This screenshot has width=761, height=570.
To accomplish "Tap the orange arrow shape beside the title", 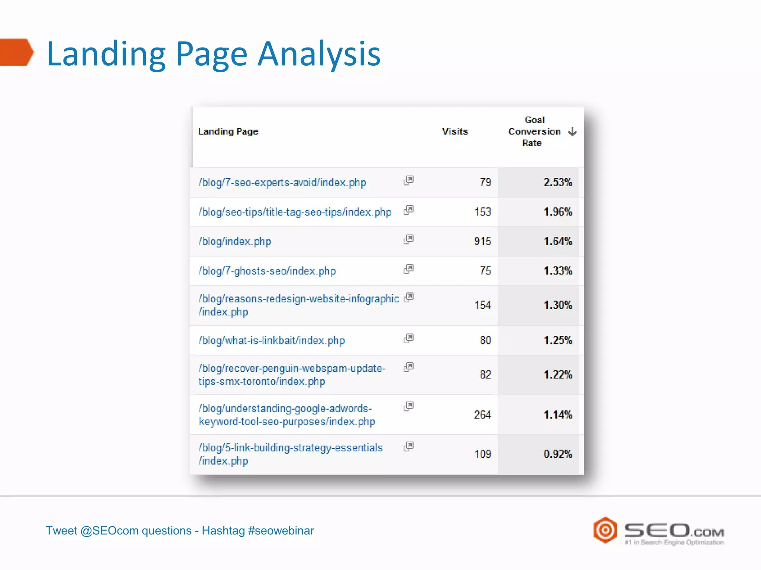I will pyautogui.click(x=17, y=52).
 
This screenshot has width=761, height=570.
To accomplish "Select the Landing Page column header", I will pyautogui.click(x=228, y=131).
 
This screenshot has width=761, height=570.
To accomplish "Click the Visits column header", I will pyautogui.click(x=454, y=131).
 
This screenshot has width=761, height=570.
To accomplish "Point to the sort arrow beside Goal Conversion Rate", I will pyautogui.click(x=572, y=132).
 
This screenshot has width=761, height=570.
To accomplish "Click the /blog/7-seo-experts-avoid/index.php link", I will pyautogui.click(x=282, y=183).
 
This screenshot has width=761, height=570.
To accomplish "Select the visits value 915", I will pyautogui.click(x=482, y=241).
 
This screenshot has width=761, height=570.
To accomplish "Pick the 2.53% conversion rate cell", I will pyautogui.click(x=557, y=182).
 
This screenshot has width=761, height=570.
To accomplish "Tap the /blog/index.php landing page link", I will pyautogui.click(x=234, y=242).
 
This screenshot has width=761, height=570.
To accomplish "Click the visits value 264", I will pyautogui.click(x=482, y=415).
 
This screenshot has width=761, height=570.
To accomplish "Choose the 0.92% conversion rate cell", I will pyautogui.click(x=557, y=454).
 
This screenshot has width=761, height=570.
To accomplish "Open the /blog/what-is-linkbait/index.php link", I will pyautogui.click(x=272, y=341).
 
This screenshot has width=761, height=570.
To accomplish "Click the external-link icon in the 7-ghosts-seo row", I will pyautogui.click(x=408, y=269).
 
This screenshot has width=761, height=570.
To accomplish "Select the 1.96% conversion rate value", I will pyautogui.click(x=557, y=212).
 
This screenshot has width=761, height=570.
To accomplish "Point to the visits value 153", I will pyautogui.click(x=482, y=212).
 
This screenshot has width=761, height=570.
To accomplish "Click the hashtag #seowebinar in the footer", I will pyautogui.click(x=281, y=531).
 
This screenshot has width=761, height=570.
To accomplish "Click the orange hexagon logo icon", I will pyautogui.click(x=605, y=530).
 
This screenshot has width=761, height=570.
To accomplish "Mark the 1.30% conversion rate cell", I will pyautogui.click(x=557, y=305).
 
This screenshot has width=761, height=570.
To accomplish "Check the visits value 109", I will pyautogui.click(x=482, y=454).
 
